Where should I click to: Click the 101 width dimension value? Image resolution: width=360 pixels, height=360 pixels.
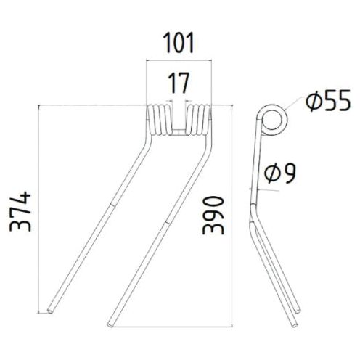tap(178, 44)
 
